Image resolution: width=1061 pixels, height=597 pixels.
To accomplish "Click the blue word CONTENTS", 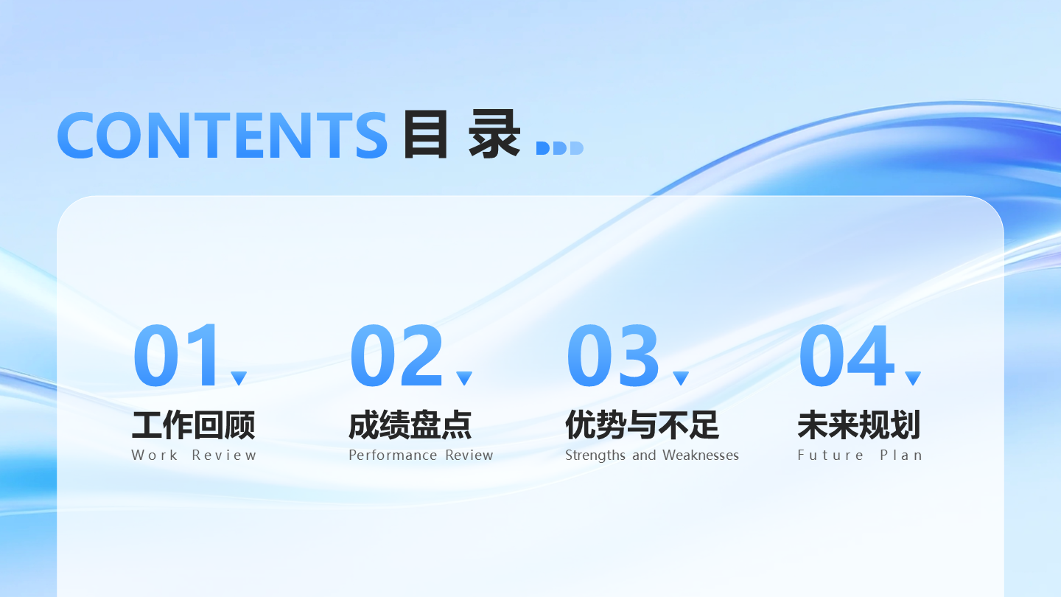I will (222, 135).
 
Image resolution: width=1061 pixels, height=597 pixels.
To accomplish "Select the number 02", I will (396, 356).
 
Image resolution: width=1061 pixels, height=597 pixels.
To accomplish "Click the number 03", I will (613, 356).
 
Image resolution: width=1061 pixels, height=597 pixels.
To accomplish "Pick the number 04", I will (846, 356).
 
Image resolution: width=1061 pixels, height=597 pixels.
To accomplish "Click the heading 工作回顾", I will (193, 425).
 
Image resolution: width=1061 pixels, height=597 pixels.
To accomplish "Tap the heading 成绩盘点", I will (410, 425).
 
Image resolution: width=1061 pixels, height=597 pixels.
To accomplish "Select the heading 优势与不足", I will (642, 425).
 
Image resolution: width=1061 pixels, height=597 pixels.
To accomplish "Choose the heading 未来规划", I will (859, 425).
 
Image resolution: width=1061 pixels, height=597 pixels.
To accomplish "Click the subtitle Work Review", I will (194, 455).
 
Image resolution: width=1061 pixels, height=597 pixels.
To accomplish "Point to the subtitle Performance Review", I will (421, 455).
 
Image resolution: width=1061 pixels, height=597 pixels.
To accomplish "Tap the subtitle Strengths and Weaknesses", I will (651, 455).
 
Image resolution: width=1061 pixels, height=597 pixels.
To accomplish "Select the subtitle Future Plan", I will (860, 455).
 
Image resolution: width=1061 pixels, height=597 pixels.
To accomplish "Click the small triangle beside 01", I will (239, 377).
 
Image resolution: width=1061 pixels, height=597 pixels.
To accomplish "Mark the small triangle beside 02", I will (463, 377).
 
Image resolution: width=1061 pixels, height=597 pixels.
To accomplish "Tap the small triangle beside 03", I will (681, 377).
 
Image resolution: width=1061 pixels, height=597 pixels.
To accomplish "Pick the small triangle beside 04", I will (913, 377).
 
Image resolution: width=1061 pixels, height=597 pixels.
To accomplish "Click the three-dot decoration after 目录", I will (559, 148).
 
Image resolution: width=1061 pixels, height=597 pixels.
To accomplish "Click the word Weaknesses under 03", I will (700, 455).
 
